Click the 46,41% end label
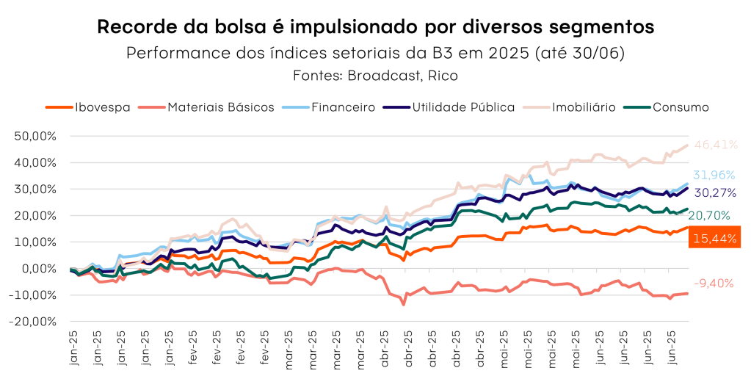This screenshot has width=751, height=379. click(x=716, y=145)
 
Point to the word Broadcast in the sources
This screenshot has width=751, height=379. click(x=382, y=75)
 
